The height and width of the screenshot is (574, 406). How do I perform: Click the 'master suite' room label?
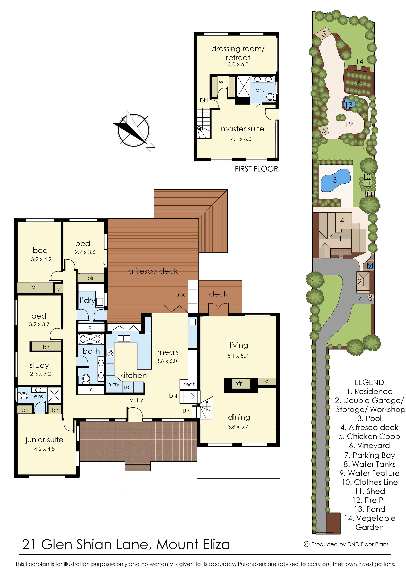[242, 129]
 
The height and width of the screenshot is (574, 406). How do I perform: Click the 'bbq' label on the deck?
[181, 295]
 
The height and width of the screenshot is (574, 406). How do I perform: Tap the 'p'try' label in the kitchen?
[113, 385]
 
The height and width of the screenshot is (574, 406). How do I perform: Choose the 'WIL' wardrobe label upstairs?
[223, 82]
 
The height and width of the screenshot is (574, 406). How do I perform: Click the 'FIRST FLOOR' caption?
[256, 169]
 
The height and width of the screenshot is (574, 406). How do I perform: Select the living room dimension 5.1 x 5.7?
[237, 356]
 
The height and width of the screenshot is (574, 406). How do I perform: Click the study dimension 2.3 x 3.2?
[40, 374]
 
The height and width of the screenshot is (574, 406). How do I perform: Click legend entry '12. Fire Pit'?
[370, 500]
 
